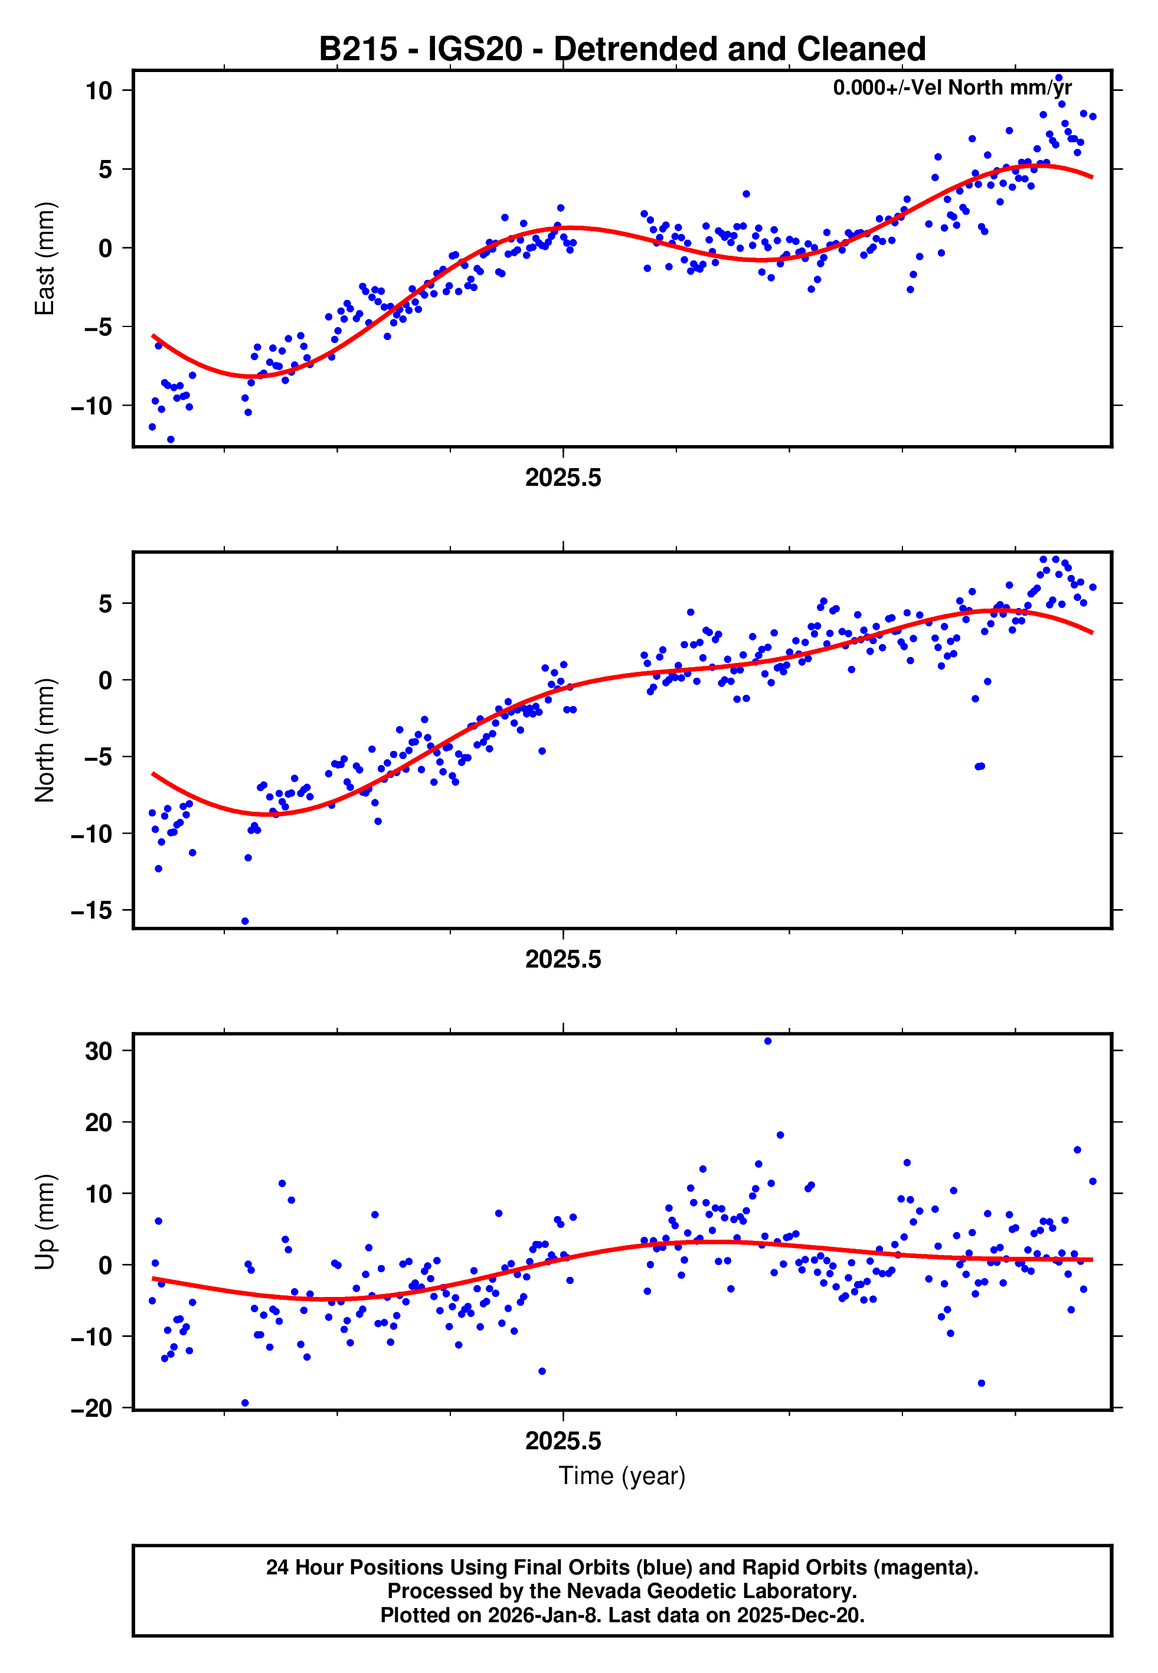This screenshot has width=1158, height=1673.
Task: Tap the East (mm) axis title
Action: click(x=45, y=259)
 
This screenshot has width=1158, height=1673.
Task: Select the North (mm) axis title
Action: click(x=45, y=740)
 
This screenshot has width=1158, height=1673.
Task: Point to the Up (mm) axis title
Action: click(x=45, y=1222)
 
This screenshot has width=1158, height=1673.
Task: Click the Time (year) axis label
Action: click(x=622, y=1476)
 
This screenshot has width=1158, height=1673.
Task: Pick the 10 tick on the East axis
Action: click(x=99, y=91)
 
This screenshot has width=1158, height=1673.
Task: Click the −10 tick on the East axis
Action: click(x=92, y=406)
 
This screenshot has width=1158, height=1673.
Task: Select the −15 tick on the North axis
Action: click(x=92, y=910)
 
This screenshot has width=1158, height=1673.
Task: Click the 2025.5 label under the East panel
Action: click(x=563, y=478)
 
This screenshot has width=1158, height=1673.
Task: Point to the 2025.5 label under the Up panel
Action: click(x=563, y=1441)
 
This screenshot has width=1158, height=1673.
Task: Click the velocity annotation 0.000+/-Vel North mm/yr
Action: click(x=952, y=88)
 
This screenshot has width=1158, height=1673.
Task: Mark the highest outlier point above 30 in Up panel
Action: click(x=768, y=1041)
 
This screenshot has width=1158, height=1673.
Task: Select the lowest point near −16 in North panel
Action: click(x=246, y=922)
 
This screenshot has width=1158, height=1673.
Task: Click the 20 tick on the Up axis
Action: click(x=99, y=1122)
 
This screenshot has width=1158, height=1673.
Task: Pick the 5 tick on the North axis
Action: click(x=106, y=604)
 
